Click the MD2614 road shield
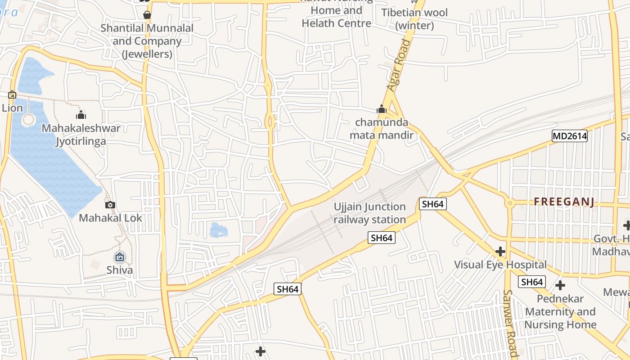pyautogui.click(x=570, y=136)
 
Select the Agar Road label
pyautogui.click(x=400, y=66)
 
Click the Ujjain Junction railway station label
pyautogui.click(x=369, y=213)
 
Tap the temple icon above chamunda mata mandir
pyautogui.click(x=382, y=109)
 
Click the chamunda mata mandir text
pyautogui.click(x=382, y=129)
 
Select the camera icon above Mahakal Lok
pyautogui.click(x=110, y=205)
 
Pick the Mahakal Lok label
pyautogui.click(x=110, y=218)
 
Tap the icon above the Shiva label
pyautogui.click(x=120, y=257)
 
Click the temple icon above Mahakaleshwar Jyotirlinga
pyautogui.click(x=81, y=115)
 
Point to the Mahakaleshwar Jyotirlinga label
pyautogui.click(x=81, y=135)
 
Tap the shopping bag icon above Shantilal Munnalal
pyautogui.click(x=147, y=15)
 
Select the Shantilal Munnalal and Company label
pyautogui.click(x=147, y=41)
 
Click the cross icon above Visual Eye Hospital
pyautogui.click(x=500, y=251)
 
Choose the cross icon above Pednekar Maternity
pyautogui.click(x=560, y=285)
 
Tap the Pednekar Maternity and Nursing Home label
pyautogui.click(x=560, y=311)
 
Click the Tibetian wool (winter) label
pyautogui.click(x=414, y=19)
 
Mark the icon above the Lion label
pyautogui.click(x=12, y=95)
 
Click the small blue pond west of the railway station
pyautogui.click(x=219, y=230)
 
